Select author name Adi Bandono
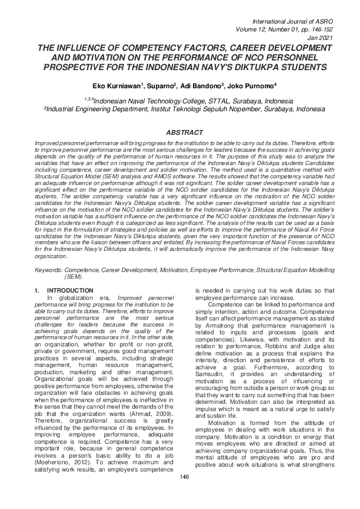point(205,86)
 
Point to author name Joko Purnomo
point(256,86)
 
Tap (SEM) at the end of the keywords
point(73,276)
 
